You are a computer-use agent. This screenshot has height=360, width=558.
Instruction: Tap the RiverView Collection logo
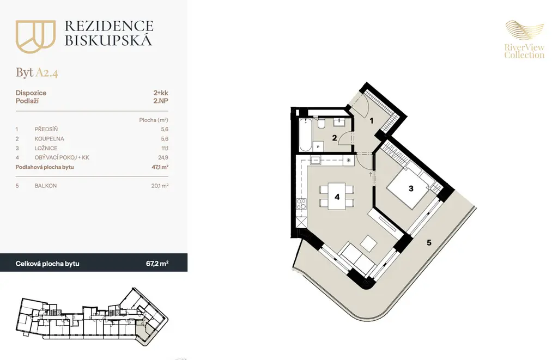pos(524,40)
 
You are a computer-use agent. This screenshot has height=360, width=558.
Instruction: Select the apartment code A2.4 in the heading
pos(47,72)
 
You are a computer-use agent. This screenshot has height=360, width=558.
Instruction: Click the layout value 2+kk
pos(161,93)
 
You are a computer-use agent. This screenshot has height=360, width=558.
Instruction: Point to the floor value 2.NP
pos(161,101)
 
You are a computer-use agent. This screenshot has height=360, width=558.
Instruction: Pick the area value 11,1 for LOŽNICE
pos(165,148)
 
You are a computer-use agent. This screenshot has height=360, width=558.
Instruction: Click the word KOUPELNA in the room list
pos(50,139)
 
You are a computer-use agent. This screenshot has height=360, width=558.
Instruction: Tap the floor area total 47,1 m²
pos(160,167)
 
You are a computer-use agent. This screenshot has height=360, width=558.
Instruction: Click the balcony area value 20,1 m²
pos(160,185)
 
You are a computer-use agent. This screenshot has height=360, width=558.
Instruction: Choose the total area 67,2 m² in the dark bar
pos(157,264)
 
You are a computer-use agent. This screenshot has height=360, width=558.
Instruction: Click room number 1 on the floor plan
pos(372,121)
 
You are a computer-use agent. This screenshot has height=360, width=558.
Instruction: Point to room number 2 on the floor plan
pos(335,138)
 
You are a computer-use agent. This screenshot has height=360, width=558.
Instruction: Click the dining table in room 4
pos(337,197)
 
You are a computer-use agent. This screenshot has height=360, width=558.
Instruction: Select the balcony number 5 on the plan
pos(429,242)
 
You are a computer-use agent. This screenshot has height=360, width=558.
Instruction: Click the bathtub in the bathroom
pos(305,135)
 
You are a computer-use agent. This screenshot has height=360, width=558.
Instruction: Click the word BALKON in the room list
pos(46,186)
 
